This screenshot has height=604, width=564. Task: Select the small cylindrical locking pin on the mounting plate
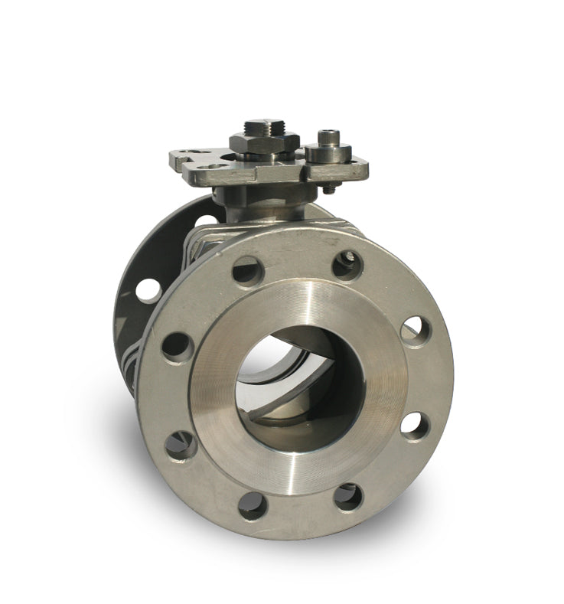tap(330, 138)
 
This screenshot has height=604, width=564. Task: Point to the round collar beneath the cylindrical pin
tap(328, 153)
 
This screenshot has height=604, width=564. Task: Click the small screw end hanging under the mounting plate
tap(328, 188)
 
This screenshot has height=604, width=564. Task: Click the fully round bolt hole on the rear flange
tap(148, 291)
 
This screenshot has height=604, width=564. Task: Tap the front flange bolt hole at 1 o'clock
tap(347, 265)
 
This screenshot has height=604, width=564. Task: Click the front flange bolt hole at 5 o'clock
tap(348, 497)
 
